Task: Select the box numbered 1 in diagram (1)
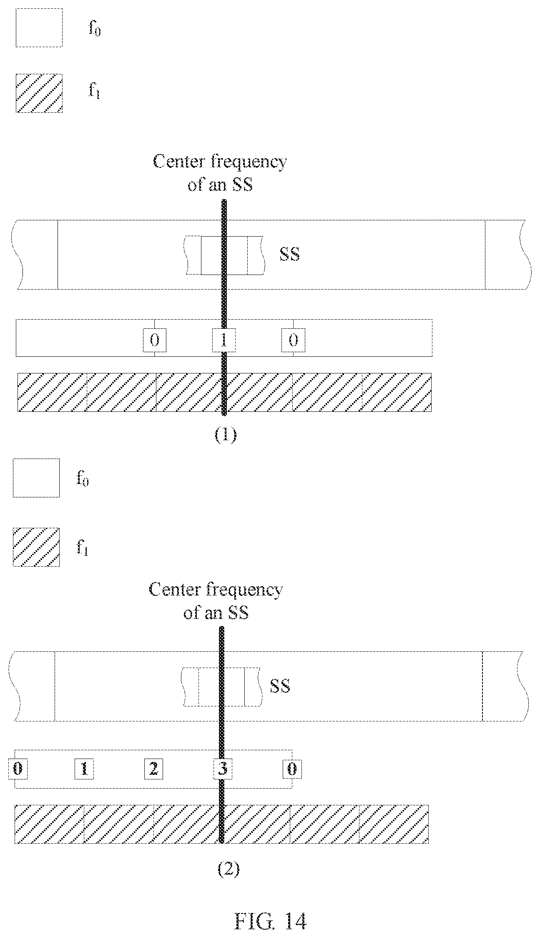point(224,340)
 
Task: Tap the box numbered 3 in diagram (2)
point(223,769)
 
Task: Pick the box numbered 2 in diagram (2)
point(153,769)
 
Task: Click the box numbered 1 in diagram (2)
point(84,769)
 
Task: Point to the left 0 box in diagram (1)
point(154,340)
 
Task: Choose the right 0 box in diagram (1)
point(293,340)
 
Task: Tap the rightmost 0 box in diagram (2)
point(292,769)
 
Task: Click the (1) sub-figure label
point(225,435)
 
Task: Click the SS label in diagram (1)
point(289,254)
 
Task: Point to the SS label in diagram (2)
point(280,686)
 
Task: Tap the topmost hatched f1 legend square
point(39,93)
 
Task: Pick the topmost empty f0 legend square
point(39,28)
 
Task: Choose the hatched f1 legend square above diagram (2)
point(36,547)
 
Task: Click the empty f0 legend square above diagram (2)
point(36,478)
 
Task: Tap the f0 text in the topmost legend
point(95,30)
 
